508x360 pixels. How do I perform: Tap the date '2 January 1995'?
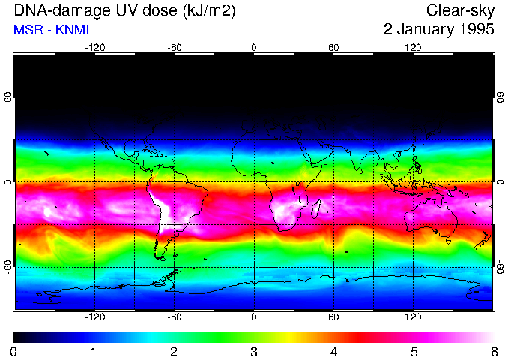point(438,30)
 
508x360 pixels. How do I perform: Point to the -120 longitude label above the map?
point(94,48)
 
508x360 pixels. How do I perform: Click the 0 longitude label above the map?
point(254,48)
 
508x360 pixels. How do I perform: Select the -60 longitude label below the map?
point(174,317)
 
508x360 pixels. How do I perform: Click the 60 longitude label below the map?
point(333,317)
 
